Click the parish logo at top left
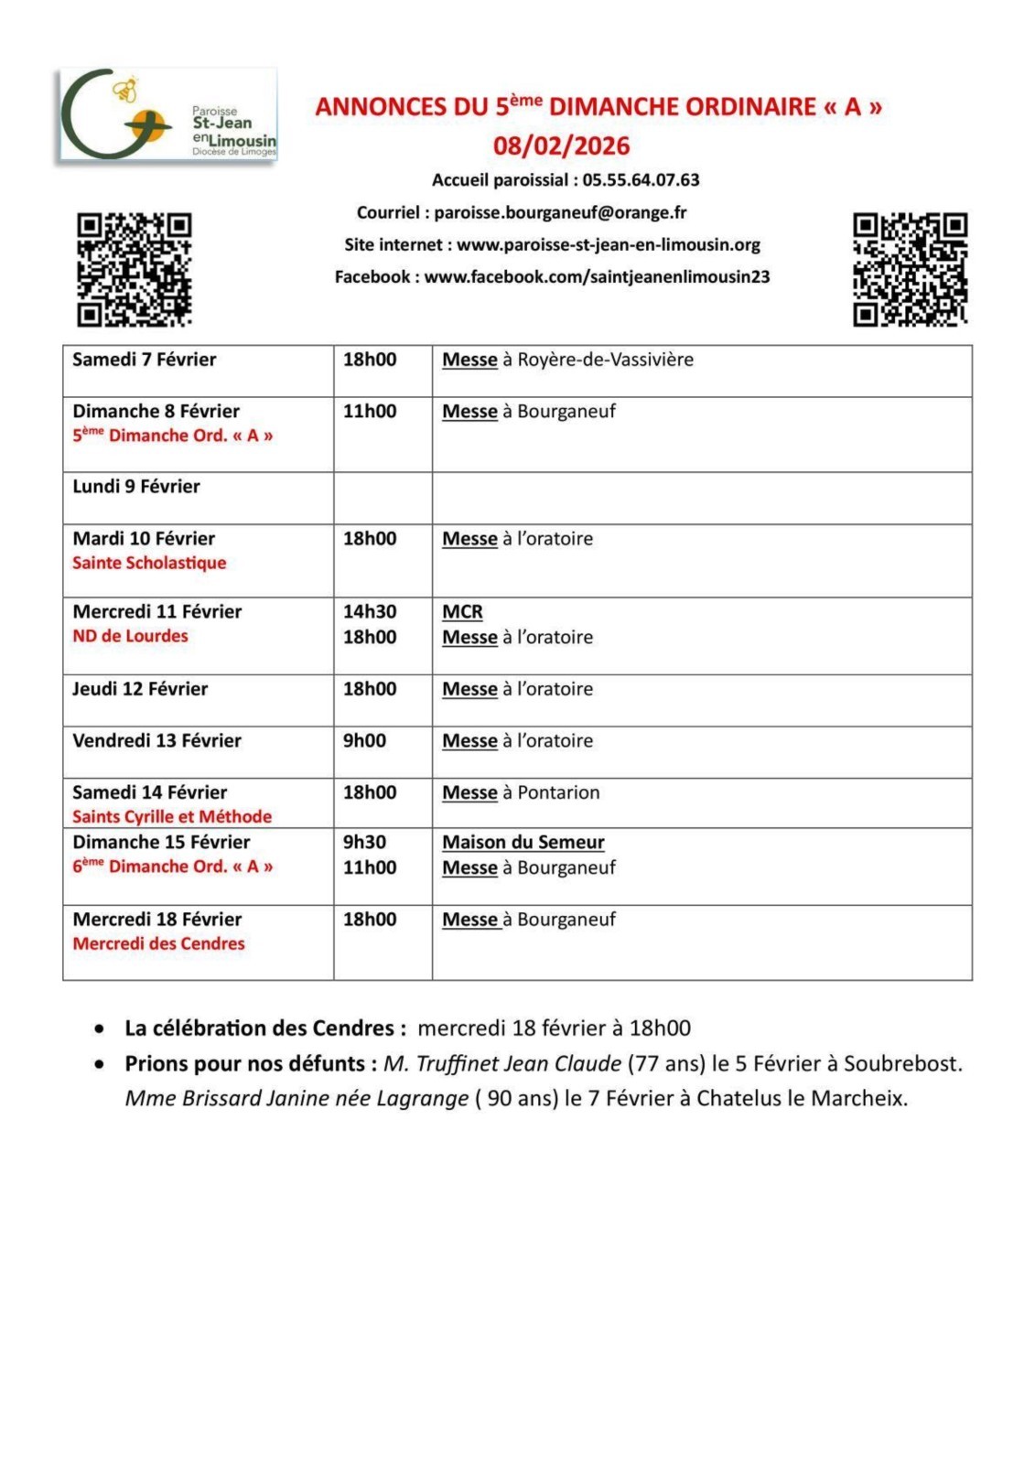click(x=167, y=116)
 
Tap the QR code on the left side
click(x=134, y=269)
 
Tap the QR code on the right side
click(x=910, y=269)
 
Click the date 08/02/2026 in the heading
click(x=561, y=145)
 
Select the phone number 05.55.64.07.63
click(x=641, y=180)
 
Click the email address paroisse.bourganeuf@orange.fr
click(x=560, y=212)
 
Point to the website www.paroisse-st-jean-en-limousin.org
click(x=609, y=244)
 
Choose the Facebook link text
click(x=597, y=276)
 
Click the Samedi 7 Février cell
click(x=145, y=360)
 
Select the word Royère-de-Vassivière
click(x=605, y=360)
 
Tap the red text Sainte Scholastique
click(x=149, y=563)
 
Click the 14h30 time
click(x=370, y=611)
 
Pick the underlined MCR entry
click(x=462, y=611)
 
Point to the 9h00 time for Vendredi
click(x=364, y=740)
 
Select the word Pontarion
click(x=558, y=792)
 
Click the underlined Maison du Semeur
click(x=523, y=842)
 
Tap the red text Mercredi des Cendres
click(x=158, y=943)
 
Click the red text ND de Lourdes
click(x=130, y=636)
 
